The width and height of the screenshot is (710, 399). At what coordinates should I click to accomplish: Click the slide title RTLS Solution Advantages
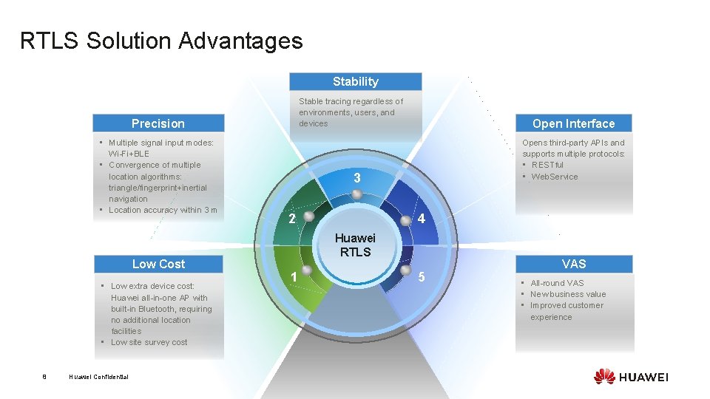(x=161, y=41)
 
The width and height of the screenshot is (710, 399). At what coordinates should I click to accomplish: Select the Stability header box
(x=355, y=81)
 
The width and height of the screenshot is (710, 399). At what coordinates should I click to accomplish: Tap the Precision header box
(x=158, y=123)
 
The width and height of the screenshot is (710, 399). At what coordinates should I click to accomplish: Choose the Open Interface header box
(x=573, y=123)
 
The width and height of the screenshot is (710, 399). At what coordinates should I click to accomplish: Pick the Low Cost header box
(x=158, y=264)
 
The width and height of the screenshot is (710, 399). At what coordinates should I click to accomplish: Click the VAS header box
(x=573, y=264)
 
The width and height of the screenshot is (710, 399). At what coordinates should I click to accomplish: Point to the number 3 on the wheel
(x=356, y=178)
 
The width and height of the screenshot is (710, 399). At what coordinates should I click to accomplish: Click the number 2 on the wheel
(x=292, y=219)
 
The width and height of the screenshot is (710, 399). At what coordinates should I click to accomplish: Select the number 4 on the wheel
(x=421, y=219)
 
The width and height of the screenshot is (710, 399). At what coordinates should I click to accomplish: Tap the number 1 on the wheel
(x=294, y=277)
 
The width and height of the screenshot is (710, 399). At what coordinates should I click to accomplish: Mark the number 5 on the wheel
(x=421, y=277)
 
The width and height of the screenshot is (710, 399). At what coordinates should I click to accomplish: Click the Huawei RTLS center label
(x=356, y=245)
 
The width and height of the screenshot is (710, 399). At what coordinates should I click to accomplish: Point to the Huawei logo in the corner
(x=630, y=376)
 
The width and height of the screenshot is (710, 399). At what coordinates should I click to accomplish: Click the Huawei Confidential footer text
(x=98, y=377)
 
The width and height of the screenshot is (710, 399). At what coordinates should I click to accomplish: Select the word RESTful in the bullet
(x=547, y=165)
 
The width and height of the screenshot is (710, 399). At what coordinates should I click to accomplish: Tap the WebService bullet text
(x=555, y=177)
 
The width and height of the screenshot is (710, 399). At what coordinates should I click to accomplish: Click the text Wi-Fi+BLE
(x=129, y=154)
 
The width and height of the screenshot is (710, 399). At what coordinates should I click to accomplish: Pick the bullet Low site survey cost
(x=149, y=342)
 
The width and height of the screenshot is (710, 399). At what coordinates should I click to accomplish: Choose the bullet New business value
(x=568, y=294)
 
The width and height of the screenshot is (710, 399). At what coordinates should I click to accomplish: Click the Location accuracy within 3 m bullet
(x=163, y=210)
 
